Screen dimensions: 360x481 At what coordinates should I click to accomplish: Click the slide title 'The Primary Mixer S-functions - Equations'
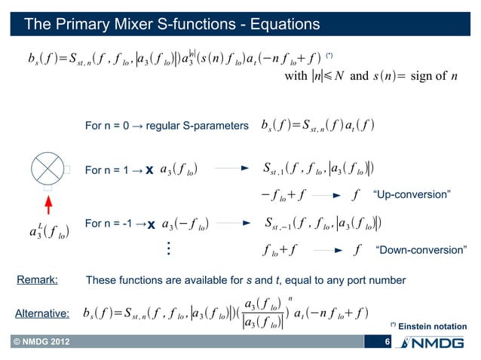[173, 25]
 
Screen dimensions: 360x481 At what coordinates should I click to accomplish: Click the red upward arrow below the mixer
[47, 204]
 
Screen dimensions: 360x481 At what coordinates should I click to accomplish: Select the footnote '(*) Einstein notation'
[429, 325]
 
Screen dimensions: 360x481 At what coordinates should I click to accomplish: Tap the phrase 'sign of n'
[440, 76]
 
